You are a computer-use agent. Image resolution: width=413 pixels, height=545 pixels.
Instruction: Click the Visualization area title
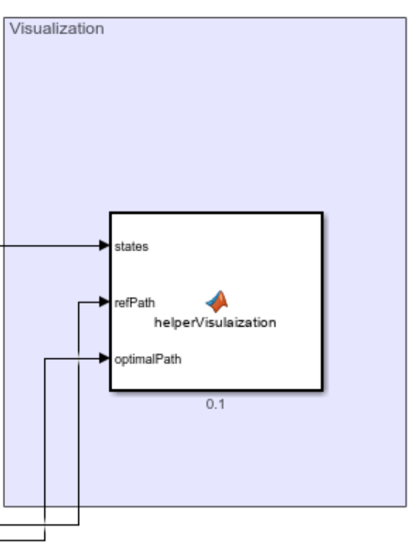click(56, 28)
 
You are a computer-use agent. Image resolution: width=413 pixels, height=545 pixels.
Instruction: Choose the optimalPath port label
click(141, 358)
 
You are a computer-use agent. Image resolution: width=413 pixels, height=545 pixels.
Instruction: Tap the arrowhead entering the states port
click(104, 246)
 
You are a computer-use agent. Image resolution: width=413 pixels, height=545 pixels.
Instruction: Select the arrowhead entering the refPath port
click(104, 302)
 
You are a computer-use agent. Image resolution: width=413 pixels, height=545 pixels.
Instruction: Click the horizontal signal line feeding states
click(47, 246)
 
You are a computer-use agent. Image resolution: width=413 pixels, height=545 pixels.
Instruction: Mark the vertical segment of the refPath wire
click(78, 413)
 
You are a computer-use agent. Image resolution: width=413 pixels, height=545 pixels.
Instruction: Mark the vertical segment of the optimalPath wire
click(45, 451)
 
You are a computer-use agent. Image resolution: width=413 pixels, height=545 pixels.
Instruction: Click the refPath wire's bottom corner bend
click(78, 524)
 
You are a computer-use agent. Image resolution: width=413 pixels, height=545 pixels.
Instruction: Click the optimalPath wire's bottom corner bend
click(45, 539)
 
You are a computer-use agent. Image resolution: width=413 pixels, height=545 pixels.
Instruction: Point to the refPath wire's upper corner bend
click(78, 302)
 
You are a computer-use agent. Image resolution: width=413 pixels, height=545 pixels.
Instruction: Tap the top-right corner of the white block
click(322, 213)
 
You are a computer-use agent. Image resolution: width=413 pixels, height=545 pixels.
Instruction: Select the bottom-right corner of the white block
click(322, 390)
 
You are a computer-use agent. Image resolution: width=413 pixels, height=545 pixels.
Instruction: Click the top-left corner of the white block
click(111, 213)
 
